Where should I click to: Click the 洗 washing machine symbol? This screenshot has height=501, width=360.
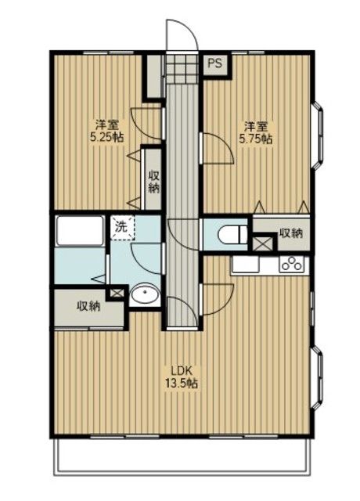pyautogui.click(x=121, y=227)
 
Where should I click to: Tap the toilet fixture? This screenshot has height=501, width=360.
pyautogui.click(x=230, y=232)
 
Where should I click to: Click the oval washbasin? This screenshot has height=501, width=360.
pyautogui.click(x=145, y=295)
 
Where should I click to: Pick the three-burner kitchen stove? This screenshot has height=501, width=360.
pyautogui.click(x=293, y=265)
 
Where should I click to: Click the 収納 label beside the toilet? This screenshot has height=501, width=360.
pyautogui.click(x=290, y=233)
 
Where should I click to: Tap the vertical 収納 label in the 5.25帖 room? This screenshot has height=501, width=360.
pyautogui.click(x=153, y=181)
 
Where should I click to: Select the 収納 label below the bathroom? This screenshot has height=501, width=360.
pyautogui.click(x=88, y=305)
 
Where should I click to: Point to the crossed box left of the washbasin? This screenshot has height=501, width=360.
pyautogui.click(x=117, y=294)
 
